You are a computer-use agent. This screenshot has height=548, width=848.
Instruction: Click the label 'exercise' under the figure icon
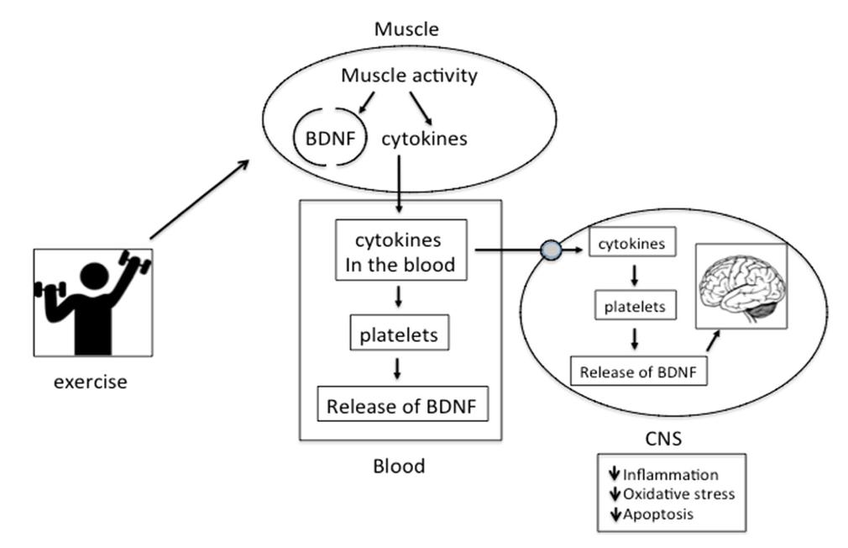point(91,382)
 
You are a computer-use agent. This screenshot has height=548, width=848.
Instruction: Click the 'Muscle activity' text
point(409,76)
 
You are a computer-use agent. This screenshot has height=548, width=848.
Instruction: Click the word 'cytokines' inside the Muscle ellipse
point(424,139)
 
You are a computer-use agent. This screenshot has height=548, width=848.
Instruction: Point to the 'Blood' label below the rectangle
point(400,465)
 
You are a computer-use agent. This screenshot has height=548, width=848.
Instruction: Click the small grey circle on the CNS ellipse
point(551,250)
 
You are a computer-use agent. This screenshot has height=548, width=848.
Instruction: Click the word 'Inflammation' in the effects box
point(670,475)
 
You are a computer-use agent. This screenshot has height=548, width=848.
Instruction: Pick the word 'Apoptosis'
point(659,514)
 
